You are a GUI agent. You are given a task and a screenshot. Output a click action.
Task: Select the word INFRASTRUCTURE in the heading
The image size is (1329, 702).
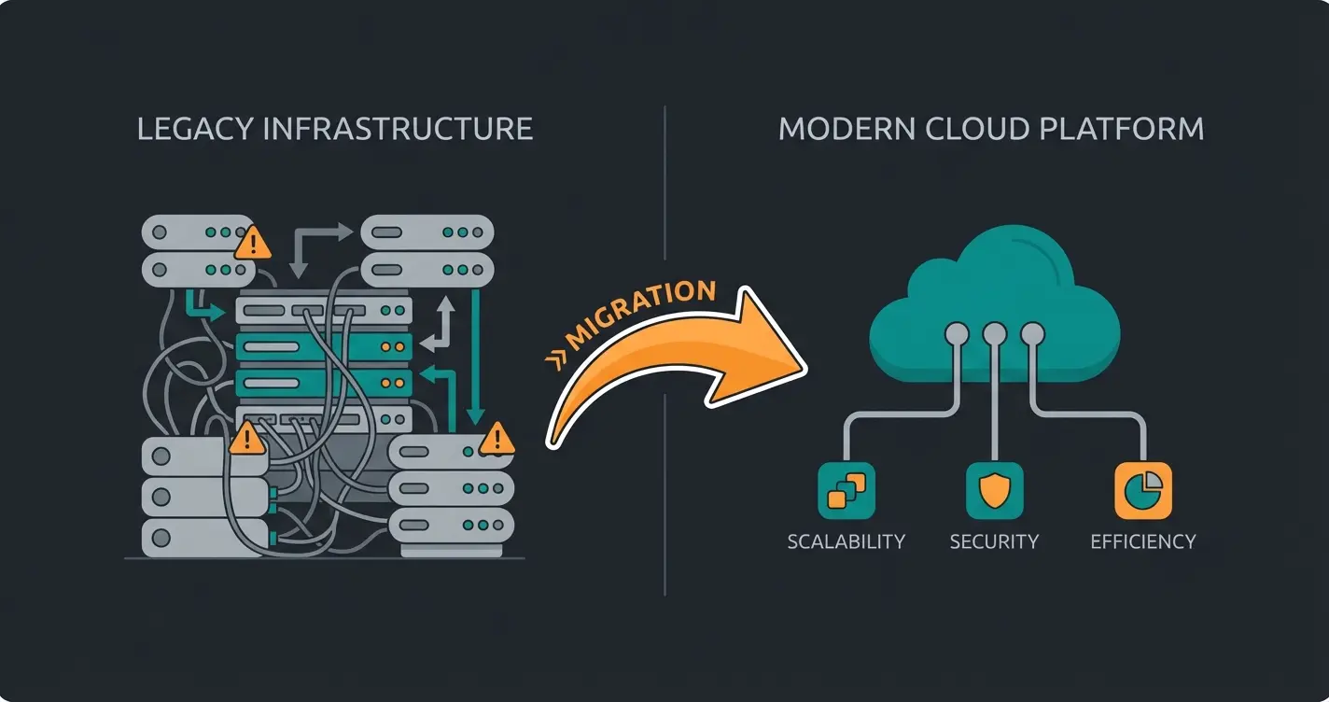pos(398,129)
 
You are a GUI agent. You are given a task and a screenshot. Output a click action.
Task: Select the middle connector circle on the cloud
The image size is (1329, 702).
pos(994,332)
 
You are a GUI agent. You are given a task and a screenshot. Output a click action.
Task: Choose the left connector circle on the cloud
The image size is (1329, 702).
pos(957,332)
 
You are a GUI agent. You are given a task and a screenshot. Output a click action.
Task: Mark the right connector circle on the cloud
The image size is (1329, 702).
pos(1031,332)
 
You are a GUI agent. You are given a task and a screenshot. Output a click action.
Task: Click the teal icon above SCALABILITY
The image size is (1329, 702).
pos(846,490)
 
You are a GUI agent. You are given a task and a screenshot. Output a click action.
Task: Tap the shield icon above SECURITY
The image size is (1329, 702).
pos(994,490)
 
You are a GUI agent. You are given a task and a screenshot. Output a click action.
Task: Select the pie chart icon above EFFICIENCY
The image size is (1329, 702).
pos(1142,490)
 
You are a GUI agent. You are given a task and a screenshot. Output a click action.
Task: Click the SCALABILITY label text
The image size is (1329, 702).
pos(846,541)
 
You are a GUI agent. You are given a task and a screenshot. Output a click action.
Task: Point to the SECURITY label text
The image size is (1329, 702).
pos(994,541)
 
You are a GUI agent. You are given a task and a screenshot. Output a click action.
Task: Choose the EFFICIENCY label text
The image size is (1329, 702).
pos(1142,541)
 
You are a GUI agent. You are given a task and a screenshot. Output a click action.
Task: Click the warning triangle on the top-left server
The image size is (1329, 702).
pos(252,245)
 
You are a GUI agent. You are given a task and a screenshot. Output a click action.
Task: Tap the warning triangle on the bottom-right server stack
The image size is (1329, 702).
pos(497,438)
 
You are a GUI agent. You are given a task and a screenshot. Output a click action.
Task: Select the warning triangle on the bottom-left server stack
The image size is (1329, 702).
pos(246,438)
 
